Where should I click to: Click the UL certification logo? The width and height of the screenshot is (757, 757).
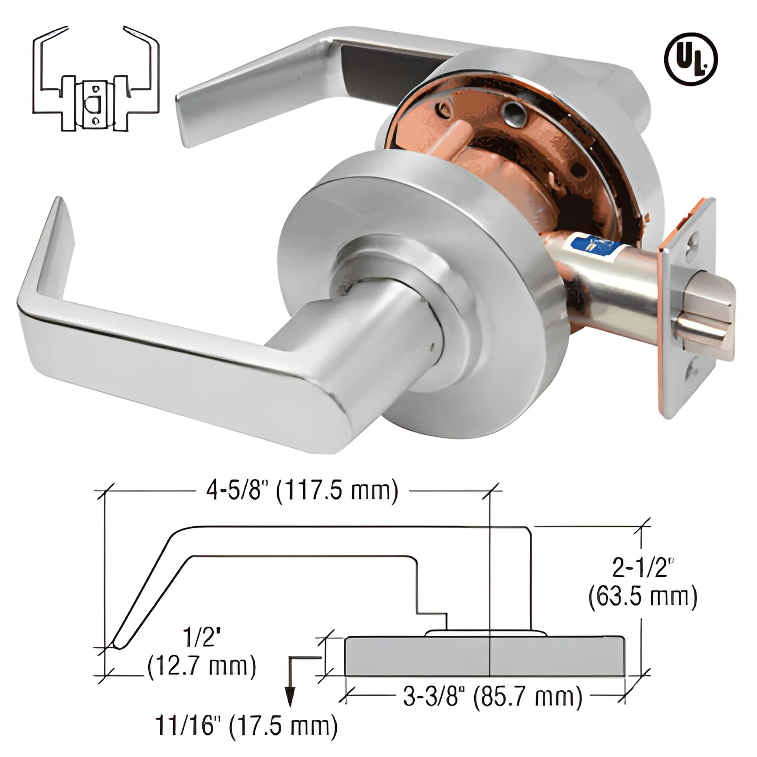pyautogui.click(x=691, y=59)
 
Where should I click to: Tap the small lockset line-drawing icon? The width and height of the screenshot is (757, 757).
pyautogui.click(x=96, y=79)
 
